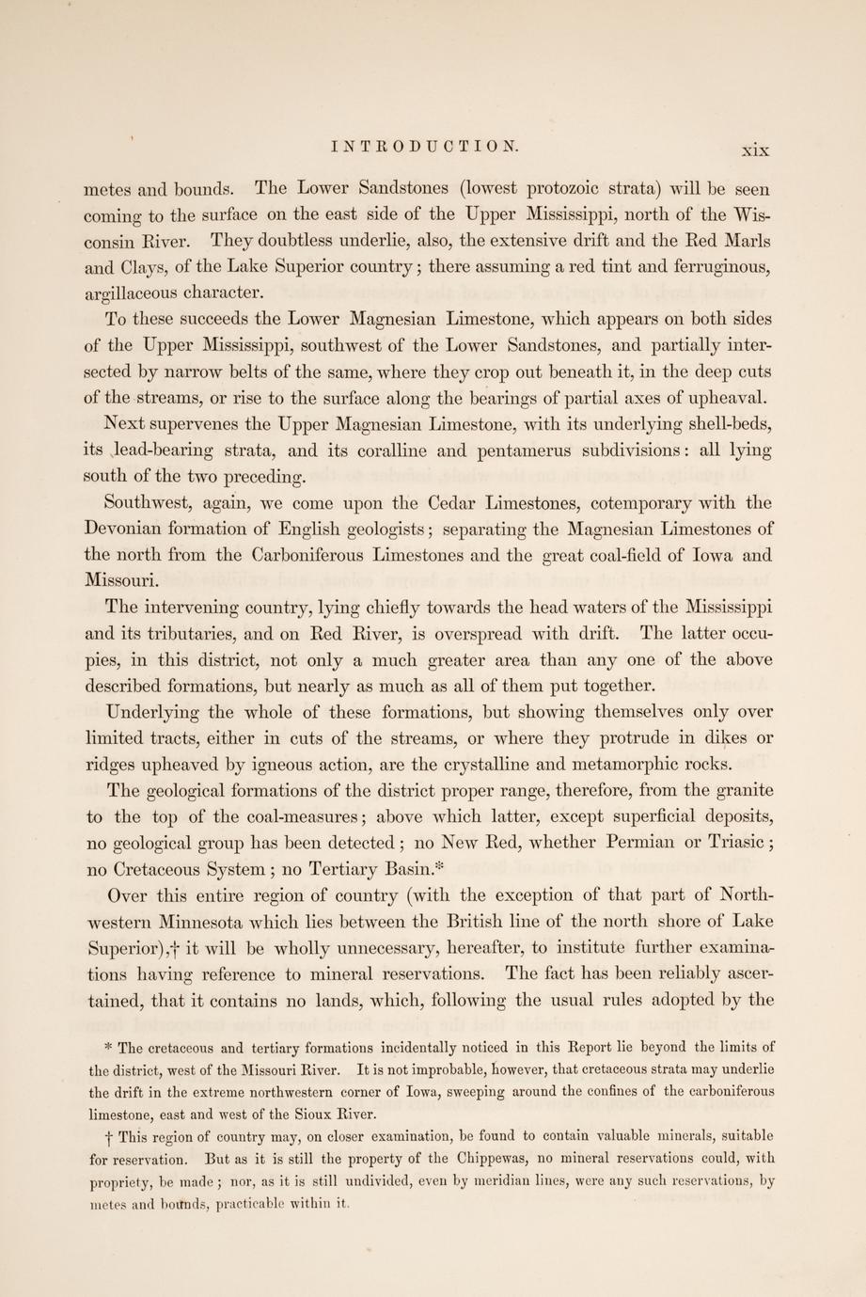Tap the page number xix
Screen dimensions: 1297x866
tap(755, 149)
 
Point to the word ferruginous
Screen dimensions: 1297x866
tap(716, 267)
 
